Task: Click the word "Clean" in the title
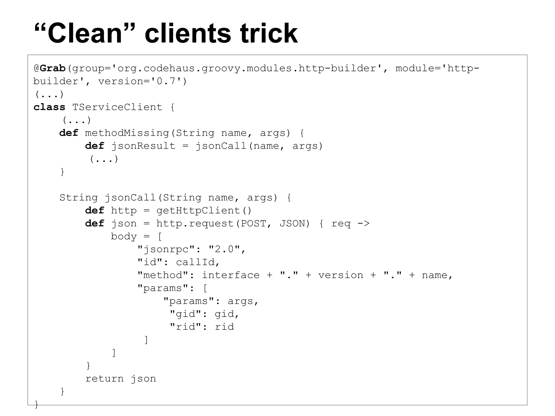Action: [85, 34]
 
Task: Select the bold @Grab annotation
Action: [50, 68]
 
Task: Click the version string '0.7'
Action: [166, 81]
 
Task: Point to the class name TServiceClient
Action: [117, 107]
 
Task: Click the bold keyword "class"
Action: [49, 107]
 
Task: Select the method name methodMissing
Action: [127, 133]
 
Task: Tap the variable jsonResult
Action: [143, 146]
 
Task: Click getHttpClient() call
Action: [204, 211]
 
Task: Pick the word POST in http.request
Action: [253, 224]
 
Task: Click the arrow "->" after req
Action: [363, 224]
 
